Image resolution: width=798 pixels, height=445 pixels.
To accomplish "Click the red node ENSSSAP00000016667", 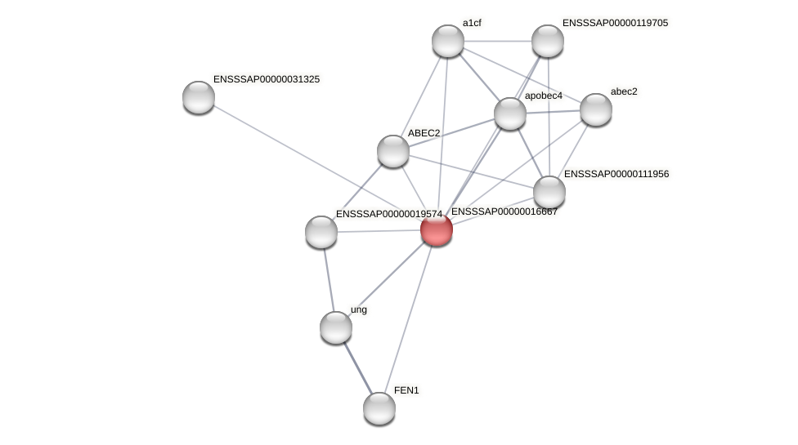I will point(437,229).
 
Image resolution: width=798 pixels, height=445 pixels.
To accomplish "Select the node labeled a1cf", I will point(448,41).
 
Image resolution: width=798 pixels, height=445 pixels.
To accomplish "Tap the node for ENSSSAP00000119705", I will point(548,41).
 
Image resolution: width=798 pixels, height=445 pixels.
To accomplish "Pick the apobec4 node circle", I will point(510,113).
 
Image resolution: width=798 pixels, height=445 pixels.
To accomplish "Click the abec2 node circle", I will point(596,109).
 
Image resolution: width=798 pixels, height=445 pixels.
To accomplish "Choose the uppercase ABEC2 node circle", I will point(393,151).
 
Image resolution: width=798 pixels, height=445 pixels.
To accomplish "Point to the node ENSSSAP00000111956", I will point(549,192).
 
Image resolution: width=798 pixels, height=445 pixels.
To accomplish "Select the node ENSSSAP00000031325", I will point(199,97).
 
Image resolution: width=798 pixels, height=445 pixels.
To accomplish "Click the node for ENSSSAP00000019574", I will point(321,232).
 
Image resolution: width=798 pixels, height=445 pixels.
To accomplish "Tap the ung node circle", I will point(336,327).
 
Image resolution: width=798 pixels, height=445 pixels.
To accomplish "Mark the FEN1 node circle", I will point(379,408).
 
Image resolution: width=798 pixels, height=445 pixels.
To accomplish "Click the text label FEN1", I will point(406,390).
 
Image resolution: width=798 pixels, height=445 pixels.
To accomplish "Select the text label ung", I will point(359,309).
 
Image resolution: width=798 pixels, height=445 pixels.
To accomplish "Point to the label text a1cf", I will point(472,23).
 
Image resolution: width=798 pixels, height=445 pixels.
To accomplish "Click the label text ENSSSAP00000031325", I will point(267,79).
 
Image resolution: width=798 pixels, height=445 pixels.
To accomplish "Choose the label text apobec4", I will point(544,96).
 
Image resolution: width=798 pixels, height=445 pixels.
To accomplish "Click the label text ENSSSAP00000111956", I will point(616,174).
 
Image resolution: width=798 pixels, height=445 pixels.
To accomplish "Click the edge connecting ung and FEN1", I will point(357,367).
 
